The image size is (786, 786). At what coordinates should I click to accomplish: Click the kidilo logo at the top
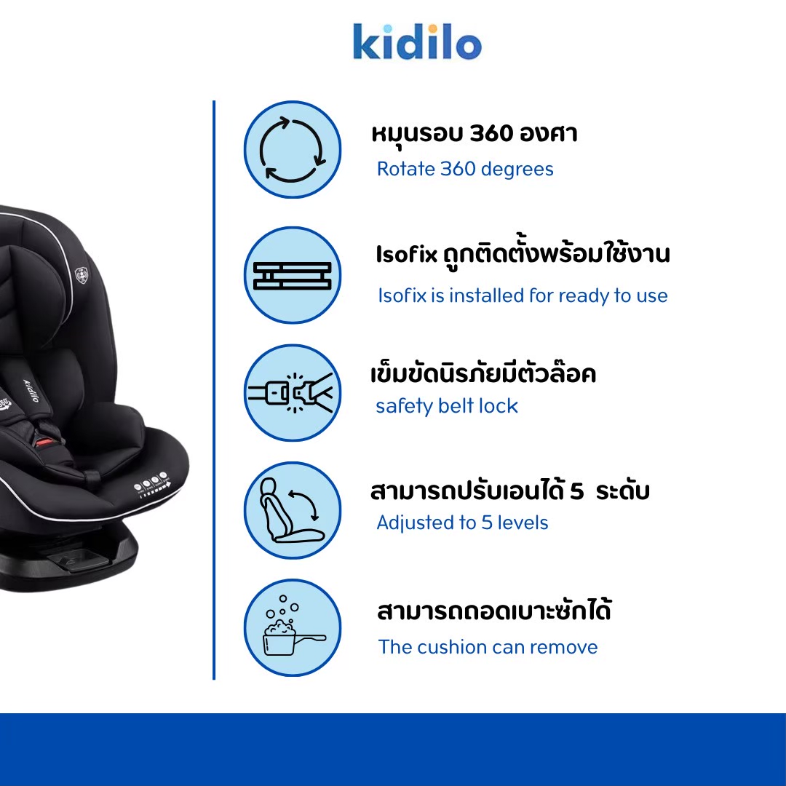coord(417,42)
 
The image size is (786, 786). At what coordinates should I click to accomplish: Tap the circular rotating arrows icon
coord(293,149)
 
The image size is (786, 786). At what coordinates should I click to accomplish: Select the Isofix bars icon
coord(293,275)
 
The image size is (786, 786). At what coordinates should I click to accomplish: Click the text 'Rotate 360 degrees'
coord(465,170)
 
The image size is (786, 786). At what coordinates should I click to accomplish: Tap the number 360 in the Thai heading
coord(491,133)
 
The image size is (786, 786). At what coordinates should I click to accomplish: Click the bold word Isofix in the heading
coord(407,254)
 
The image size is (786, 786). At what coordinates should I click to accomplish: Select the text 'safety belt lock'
coord(447,406)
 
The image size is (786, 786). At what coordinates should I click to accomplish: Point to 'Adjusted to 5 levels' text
coord(462,523)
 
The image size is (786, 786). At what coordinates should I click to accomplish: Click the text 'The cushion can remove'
coord(488,647)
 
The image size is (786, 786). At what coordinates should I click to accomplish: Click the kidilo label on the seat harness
coord(31,391)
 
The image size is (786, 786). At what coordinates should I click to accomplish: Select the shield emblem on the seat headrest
coord(81,275)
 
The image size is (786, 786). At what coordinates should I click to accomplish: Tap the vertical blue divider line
coord(214,390)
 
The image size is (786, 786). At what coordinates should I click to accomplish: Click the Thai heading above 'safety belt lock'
coord(483,373)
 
